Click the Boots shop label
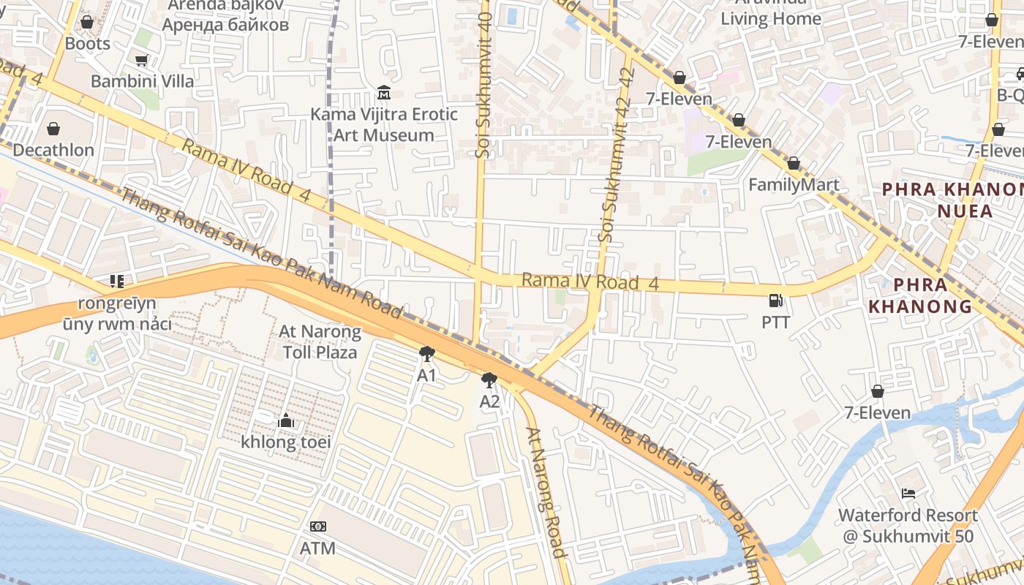88,44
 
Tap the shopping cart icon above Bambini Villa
141,61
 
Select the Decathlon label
53,150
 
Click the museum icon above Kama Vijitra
384,93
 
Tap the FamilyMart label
794,184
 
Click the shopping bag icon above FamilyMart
794,163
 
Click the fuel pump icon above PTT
775,301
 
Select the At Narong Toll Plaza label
320,342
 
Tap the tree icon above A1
426,355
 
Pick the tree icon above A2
489,380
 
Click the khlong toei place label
286,442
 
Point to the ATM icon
318,526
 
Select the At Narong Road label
548,491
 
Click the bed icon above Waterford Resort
908,494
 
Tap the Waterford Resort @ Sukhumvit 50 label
908,526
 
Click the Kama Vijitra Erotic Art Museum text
384,124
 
